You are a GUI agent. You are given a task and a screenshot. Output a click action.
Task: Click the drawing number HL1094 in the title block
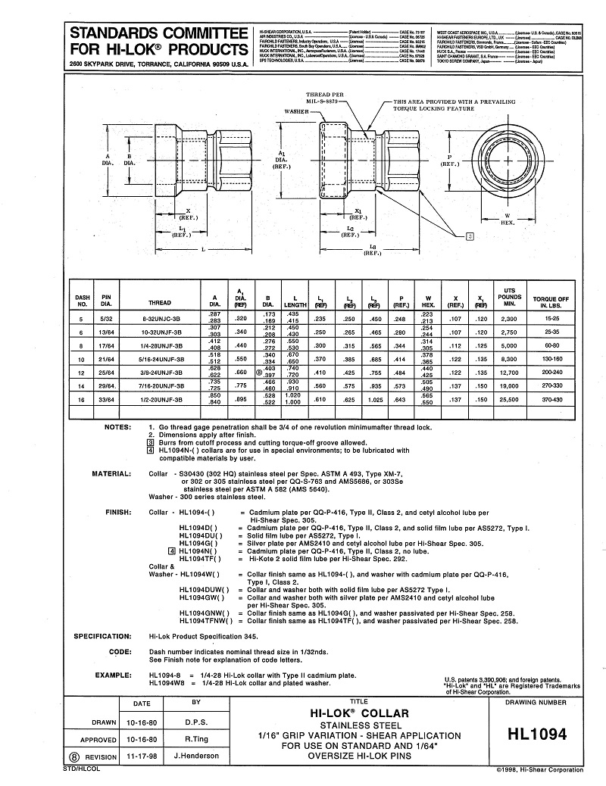(539, 734)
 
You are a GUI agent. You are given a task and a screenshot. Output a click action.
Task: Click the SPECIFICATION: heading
(103, 636)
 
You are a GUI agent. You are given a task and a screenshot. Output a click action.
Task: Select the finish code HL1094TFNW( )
(200, 621)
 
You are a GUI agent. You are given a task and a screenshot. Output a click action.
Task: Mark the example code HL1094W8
(164, 682)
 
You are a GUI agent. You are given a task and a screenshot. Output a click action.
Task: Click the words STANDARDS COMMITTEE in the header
(158, 34)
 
